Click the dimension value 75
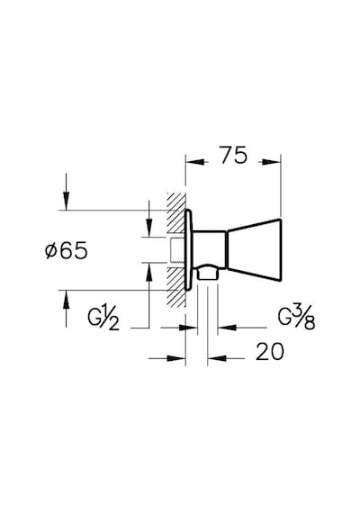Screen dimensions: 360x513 point(233,155)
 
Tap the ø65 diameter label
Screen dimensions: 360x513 point(67,250)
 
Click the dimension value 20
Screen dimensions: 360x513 point(270,352)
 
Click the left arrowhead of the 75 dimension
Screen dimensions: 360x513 point(196,162)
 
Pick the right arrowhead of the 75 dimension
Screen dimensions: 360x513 point(269,162)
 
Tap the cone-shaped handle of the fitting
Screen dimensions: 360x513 point(254,249)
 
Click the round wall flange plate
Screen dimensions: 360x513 point(189,249)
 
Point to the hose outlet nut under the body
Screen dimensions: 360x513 point(208,272)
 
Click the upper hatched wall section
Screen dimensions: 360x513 point(176,214)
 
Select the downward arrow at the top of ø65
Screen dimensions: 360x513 point(66,192)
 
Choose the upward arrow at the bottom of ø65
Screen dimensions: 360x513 point(66,309)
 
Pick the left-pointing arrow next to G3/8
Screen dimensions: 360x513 point(242,328)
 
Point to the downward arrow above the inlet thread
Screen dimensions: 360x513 point(148,218)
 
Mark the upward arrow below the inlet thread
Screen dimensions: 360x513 point(148,295)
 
